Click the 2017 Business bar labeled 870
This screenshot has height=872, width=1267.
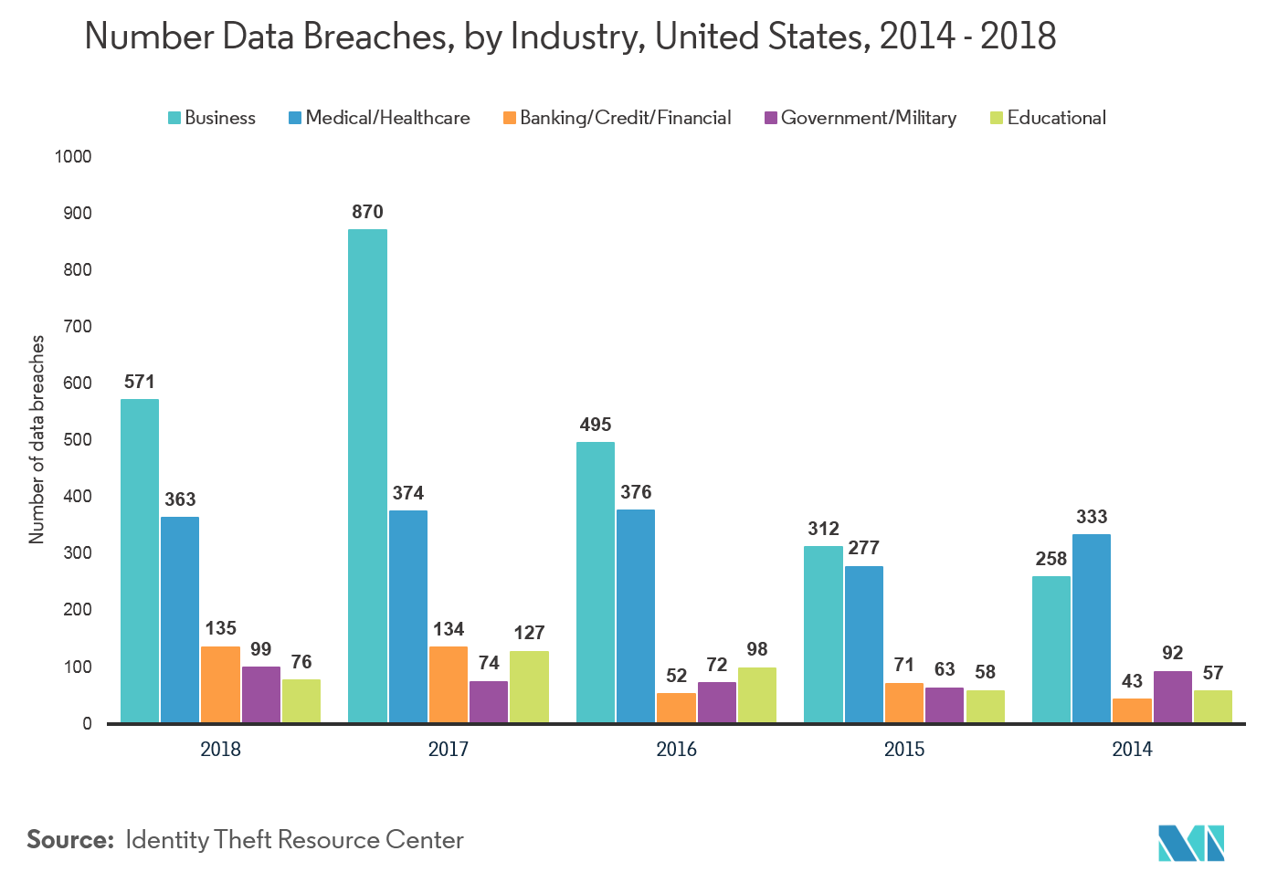[x=367, y=476]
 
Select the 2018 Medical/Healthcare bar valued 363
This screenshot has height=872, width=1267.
[x=180, y=620]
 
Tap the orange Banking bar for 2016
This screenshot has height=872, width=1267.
[x=676, y=708]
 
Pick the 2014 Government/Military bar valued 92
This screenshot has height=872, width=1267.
[x=1173, y=697]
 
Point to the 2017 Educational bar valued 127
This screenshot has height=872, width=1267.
[x=529, y=687]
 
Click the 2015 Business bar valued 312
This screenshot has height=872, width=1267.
[x=823, y=635]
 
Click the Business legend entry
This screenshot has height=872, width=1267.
[x=212, y=118]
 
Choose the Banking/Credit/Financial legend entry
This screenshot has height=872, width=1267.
[x=618, y=118]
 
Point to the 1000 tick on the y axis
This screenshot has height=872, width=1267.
[x=73, y=157]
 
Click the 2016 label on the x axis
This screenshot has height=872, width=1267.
[x=676, y=750]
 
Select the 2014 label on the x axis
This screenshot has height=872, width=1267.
[x=1132, y=750]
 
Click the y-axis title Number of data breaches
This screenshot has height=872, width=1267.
[x=37, y=439]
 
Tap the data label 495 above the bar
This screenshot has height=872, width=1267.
[x=596, y=425]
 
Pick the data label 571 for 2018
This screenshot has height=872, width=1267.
[x=140, y=382]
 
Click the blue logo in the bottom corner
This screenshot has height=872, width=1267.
[x=1191, y=843]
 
